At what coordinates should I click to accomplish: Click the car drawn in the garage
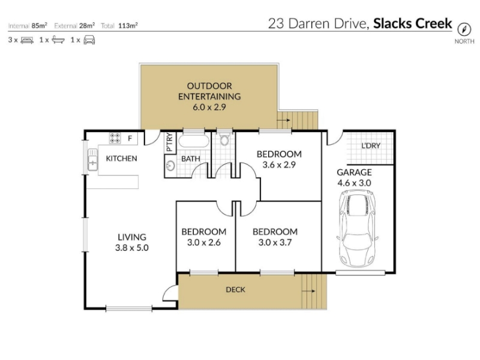pos(357,229)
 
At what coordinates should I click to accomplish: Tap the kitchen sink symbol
pos(92,160)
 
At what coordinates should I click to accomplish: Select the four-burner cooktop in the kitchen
pos(115,138)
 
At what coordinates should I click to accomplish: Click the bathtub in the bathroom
pos(194,141)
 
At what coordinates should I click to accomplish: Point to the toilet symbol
pos(224,139)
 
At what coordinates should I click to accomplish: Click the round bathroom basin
pos(170,166)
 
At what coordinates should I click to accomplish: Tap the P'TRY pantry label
pos(169,142)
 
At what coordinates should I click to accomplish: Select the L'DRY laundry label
pos(371,146)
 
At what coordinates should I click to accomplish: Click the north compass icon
pos(464,29)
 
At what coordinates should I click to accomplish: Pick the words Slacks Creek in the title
pos(412,23)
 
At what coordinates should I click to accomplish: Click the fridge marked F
pos(130,139)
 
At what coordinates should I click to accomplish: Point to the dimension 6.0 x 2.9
pos(209,107)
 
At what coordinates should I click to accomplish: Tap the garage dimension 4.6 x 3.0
pos(354,183)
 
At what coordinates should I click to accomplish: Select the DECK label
pos(235,290)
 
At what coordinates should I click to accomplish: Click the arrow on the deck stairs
pos(308,291)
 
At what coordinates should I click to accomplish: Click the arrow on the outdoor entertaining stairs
pos(283,120)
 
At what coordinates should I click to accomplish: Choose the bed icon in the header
pos(27,40)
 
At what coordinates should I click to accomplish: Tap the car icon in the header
pos(89,40)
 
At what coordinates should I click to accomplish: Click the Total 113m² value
pos(128,26)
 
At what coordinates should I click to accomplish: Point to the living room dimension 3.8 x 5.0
pos(132,248)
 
